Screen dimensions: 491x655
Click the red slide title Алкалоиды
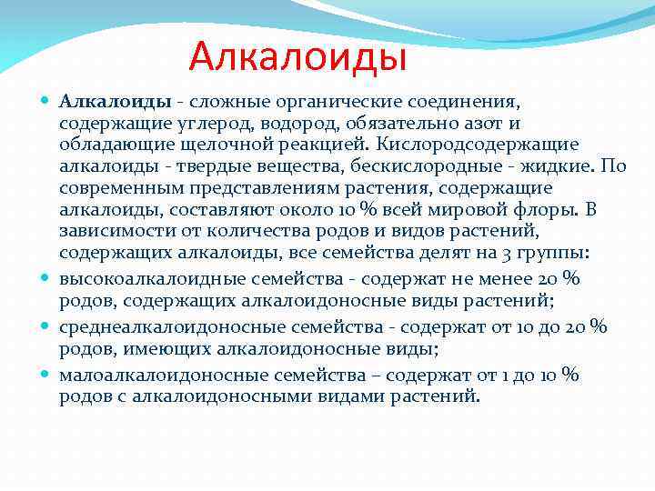coord(297,58)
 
